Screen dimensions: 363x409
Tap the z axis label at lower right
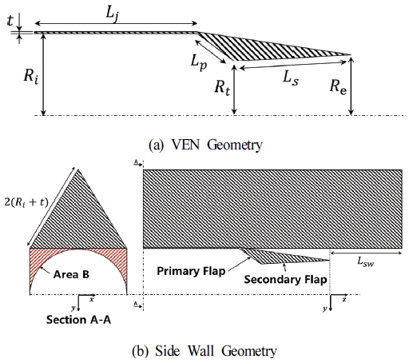(343, 297)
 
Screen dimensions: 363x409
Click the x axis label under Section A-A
(92, 297)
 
